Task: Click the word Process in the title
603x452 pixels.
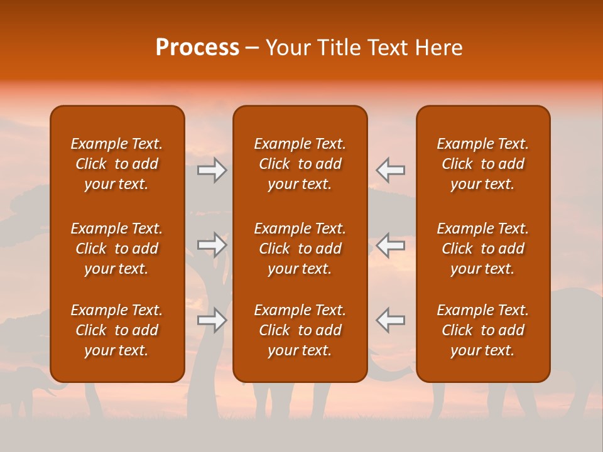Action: pos(197,48)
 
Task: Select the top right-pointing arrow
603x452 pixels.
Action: pos(212,170)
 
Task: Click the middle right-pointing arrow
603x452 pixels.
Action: pos(212,245)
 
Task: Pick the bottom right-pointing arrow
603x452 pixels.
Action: pos(212,320)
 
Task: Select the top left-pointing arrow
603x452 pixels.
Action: pos(390,170)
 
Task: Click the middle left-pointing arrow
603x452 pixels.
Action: pos(390,245)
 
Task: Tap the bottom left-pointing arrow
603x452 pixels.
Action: pos(390,320)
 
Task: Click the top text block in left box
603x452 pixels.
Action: pos(117,164)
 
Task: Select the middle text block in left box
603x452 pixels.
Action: pos(117,249)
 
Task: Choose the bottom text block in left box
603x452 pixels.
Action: pos(117,330)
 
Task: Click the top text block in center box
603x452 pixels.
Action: pos(300,164)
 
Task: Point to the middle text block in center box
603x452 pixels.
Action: pos(300,249)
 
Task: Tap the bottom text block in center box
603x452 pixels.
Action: pos(300,330)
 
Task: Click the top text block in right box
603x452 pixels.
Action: pos(482,164)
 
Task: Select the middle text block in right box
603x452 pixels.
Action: pos(482,249)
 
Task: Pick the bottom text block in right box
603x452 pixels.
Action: pos(482,330)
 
